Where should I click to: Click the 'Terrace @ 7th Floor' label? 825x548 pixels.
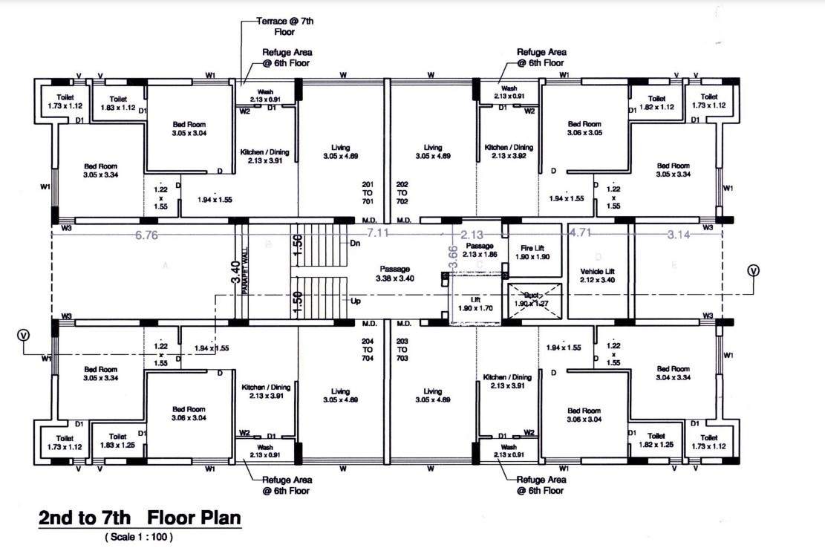pyautogui.click(x=286, y=27)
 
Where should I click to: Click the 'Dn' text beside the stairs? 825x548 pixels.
pyautogui.click(x=355, y=243)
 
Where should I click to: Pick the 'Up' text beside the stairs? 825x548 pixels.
pyautogui.click(x=355, y=301)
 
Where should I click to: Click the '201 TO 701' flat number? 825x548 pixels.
pyautogui.click(x=367, y=192)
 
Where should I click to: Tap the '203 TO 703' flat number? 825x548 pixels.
pyautogui.click(x=402, y=349)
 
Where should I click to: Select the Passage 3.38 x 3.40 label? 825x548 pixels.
pyautogui.click(x=395, y=274)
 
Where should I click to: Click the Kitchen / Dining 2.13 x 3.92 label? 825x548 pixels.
pyautogui.click(x=509, y=152)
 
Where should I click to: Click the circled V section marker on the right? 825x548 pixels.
pyautogui.click(x=754, y=271)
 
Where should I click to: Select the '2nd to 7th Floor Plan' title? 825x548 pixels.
pyautogui.click(x=140, y=518)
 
